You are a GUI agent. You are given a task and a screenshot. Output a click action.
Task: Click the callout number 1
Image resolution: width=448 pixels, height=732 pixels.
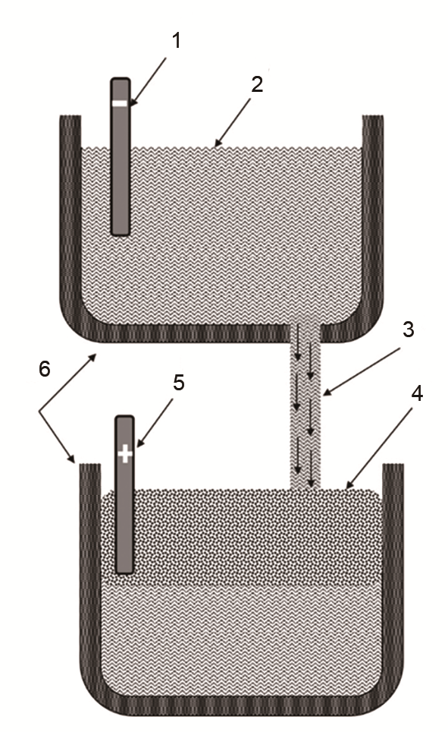coord(176,41)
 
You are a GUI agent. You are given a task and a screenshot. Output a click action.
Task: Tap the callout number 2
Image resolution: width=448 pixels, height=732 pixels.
coord(257,84)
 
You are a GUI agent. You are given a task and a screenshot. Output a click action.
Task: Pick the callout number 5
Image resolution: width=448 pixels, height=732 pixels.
coord(179,383)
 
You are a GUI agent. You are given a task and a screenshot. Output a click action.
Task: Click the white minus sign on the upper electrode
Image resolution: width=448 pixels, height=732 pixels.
coord(120,103)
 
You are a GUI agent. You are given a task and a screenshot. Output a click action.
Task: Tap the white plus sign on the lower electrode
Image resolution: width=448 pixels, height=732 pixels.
coord(124,453)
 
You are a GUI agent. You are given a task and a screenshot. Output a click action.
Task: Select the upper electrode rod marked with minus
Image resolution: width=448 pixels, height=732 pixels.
coord(121,156)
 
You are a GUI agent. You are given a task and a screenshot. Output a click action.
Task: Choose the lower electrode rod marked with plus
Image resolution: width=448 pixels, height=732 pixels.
coord(124,494)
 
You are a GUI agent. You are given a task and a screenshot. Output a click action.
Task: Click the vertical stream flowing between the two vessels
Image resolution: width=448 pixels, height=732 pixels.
coord(305,406)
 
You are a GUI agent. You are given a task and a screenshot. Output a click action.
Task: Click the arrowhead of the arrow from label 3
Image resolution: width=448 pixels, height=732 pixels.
coord(326,393)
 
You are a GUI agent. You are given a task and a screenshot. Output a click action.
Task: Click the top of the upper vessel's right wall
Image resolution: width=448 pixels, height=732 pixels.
coord(373,118)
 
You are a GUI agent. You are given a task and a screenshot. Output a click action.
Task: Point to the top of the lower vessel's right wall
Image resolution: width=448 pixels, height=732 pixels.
coord(393,466)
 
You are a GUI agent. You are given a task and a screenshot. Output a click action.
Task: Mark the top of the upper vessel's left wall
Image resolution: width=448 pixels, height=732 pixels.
coord(70,118)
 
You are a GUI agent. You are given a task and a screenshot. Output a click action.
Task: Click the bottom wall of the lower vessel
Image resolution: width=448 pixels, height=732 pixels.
coord(242,706)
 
